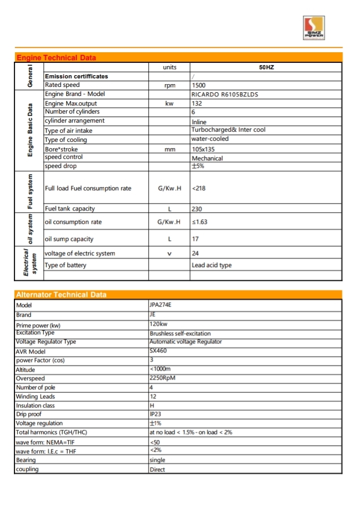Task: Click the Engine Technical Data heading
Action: (56, 58)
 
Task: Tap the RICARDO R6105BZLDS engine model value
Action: (225, 94)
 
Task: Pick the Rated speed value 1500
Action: (198, 85)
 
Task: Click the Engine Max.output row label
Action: (71, 103)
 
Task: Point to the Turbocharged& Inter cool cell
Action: (228, 130)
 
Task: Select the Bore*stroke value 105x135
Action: (203, 149)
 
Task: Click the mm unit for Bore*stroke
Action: (170, 150)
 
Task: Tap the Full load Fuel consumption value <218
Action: (199, 189)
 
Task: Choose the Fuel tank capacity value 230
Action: (197, 209)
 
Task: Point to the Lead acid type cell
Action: (211, 265)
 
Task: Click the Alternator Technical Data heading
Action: (61, 294)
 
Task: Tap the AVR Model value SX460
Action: (158, 351)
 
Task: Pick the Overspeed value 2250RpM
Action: (163, 378)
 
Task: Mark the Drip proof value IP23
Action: (156, 415)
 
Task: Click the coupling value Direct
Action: (157, 470)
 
